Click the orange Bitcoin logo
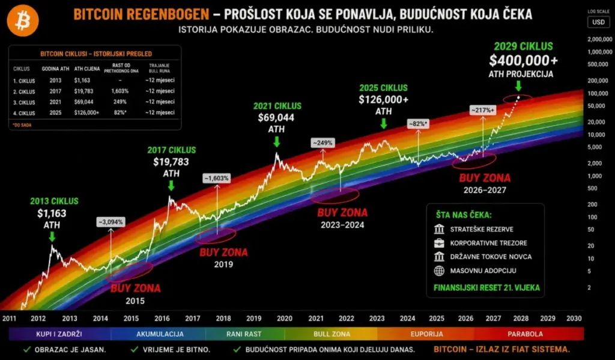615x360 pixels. pyautogui.click(x=23, y=22)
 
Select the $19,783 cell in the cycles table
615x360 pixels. pyautogui.click(x=84, y=90)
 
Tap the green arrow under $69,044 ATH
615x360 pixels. pyautogui.click(x=276, y=142)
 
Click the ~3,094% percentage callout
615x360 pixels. pyautogui.click(x=110, y=222)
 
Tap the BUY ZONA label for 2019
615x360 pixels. pyautogui.click(x=223, y=252)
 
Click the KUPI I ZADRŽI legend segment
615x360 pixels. pyautogui.click(x=59, y=334)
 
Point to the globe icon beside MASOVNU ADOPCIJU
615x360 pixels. pyautogui.click(x=438, y=271)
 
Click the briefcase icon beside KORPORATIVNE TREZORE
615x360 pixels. pyautogui.click(x=438, y=243)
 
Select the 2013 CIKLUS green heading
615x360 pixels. pyautogui.click(x=54, y=201)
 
